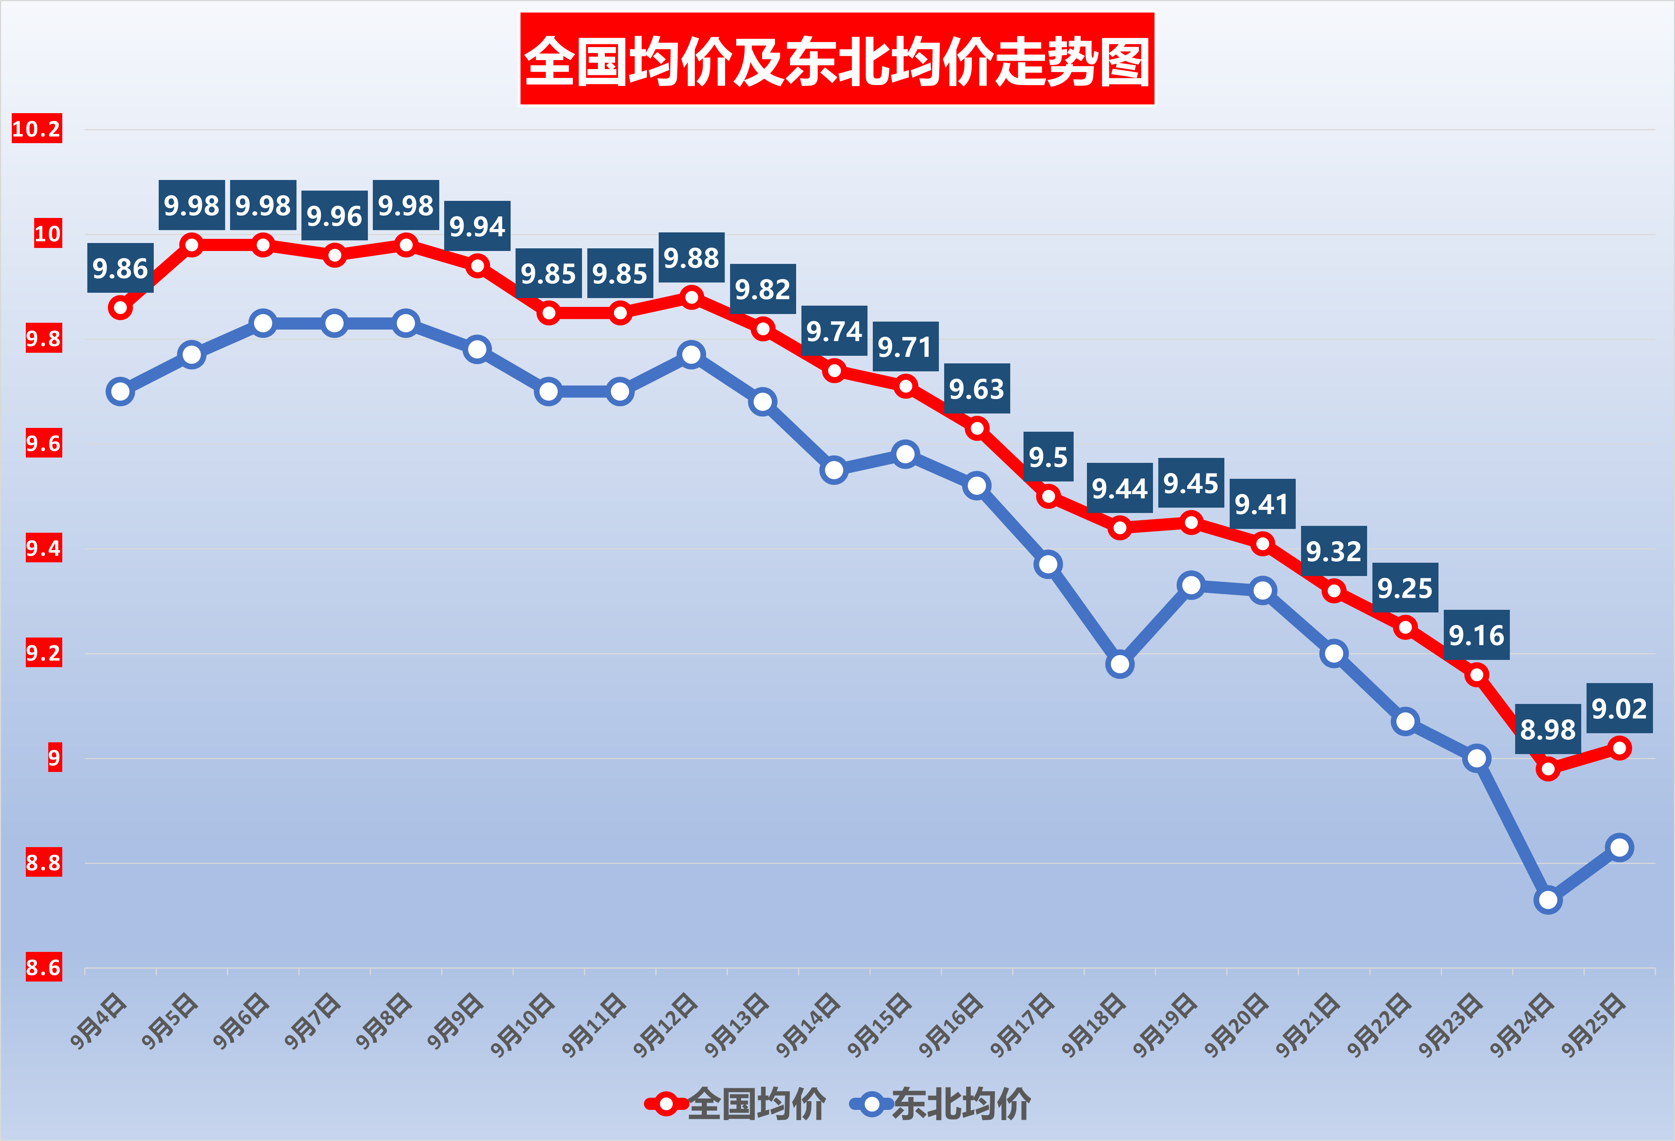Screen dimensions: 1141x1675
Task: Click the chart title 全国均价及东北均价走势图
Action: click(837, 59)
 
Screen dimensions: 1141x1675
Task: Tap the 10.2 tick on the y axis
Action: click(37, 129)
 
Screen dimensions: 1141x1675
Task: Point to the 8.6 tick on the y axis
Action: click(43, 967)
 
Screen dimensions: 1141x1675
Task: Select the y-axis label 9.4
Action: click(43, 549)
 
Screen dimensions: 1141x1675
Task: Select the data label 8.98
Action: click(1547, 729)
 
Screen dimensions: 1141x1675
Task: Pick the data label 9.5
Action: click(1048, 457)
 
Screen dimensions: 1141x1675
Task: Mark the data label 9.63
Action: click(976, 389)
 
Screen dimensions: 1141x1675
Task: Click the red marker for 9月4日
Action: click(120, 308)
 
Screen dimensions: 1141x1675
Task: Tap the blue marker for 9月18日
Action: click(1119, 664)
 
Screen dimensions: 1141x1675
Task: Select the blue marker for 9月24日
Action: click(1547, 900)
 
